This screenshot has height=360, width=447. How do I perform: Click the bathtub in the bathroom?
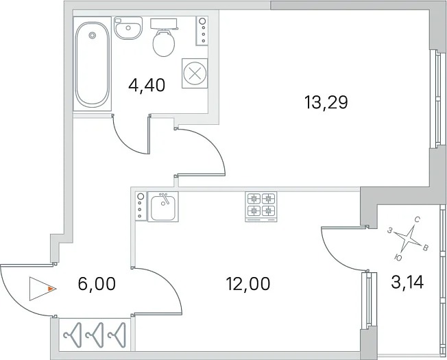(x=93, y=64)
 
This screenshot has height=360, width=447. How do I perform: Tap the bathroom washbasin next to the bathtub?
(x=128, y=27)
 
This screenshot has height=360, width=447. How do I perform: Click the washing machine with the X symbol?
(x=195, y=73)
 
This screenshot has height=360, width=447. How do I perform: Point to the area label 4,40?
(x=147, y=85)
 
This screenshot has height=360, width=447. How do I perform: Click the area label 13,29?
(x=326, y=103)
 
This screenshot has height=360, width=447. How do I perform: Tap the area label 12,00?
(x=248, y=284)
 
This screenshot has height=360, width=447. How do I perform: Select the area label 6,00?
(x=97, y=284)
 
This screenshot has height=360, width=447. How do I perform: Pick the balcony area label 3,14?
(x=408, y=283)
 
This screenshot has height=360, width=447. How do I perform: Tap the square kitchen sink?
(x=163, y=206)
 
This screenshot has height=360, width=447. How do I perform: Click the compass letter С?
(x=417, y=219)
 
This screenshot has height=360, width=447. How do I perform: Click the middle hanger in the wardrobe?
(x=95, y=335)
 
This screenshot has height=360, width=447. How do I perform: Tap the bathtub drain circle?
(x=92, y=36)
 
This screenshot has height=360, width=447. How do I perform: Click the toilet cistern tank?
(x=164, y=24)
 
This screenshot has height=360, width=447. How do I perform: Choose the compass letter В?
(x=425, y=248)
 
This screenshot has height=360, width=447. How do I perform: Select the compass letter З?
(x=389, y=230)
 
